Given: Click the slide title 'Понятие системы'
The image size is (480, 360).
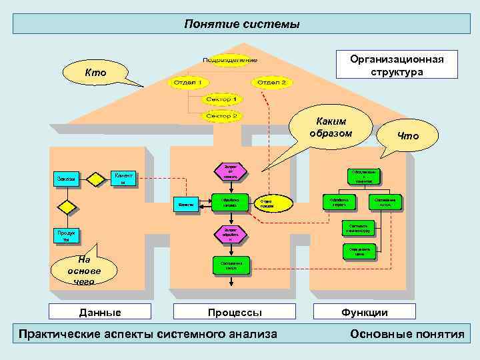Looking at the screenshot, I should tap(242, 24).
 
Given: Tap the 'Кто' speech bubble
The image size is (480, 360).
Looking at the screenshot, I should tap(94, 72).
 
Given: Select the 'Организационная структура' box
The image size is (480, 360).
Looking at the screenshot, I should tap(396, 65).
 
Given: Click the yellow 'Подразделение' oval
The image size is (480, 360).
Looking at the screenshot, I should tap(231, 61).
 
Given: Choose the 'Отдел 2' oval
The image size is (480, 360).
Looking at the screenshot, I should tap(271, 82).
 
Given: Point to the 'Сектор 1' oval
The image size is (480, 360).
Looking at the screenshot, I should tap(222, 99).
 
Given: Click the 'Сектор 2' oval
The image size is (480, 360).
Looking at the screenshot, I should tap(222, 115).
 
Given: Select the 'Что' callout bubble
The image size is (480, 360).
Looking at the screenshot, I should tap(407, 136).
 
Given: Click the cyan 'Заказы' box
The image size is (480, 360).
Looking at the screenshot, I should tap(66, 179).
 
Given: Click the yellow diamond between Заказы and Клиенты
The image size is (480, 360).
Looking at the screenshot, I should tap(67, 207).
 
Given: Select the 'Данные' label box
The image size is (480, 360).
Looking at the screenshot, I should tap(100, 312).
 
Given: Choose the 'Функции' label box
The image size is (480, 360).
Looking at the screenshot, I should tap(365, 312).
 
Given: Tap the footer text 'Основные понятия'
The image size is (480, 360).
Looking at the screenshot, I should tap(407, 334).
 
